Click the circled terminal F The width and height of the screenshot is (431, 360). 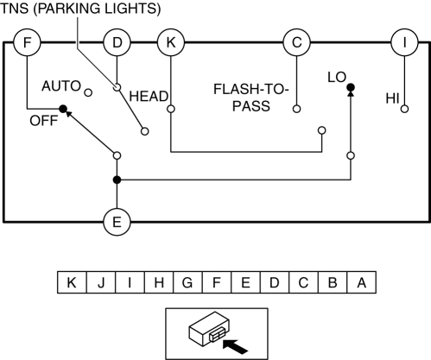27,42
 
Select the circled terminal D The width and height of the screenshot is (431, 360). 117,42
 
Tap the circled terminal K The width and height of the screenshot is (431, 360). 171,42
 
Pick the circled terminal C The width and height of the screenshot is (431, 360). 297,42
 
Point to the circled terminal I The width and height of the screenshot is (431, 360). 404,42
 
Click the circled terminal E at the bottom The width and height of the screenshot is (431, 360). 117,222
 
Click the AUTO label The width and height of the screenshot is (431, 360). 61,86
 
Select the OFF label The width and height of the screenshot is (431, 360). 44,121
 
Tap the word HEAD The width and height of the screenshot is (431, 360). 149,97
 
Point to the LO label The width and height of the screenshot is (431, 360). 337,77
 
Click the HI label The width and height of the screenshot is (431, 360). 392,98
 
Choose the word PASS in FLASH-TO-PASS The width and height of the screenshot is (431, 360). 251,106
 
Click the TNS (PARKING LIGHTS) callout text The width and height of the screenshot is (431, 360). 80,9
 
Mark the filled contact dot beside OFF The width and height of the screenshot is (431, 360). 63,109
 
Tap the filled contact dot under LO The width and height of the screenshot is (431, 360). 351,87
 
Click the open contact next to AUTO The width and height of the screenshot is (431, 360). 88,92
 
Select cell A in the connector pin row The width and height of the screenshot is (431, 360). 362,282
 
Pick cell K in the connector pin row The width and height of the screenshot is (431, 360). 72,282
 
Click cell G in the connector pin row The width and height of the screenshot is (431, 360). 187,282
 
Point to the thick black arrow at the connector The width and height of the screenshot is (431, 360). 235,346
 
